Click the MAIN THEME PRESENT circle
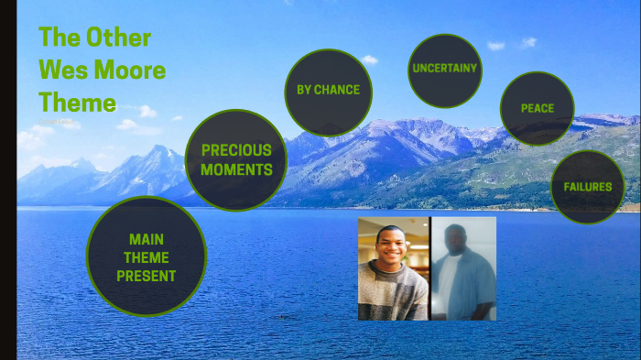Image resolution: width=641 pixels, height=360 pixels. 147,256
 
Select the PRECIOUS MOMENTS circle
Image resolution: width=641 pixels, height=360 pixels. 236,159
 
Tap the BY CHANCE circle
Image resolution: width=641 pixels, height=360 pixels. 328,91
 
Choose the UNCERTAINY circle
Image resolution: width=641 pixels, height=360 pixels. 445,70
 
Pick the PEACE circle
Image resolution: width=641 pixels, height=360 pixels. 538,108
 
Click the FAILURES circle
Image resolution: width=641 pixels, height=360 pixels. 587,187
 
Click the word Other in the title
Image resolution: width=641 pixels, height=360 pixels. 118,38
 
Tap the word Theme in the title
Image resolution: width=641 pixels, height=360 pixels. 77,101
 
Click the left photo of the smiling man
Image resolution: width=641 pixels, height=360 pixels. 393,268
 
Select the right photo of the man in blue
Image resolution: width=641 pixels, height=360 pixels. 463,268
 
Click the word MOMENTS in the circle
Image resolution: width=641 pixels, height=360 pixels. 236,169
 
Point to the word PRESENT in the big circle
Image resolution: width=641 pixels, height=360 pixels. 147,276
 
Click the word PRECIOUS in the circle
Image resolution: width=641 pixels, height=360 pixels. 236,149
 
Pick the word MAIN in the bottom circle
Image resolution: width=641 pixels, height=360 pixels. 147,239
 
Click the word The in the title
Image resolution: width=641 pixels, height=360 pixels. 58,38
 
